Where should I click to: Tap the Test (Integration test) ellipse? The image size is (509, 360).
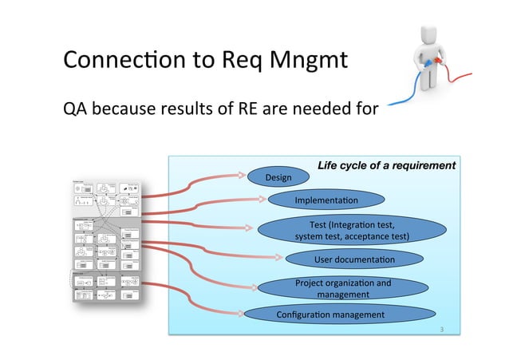[x=352, y=231]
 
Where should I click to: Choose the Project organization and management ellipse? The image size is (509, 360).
[x=343, y=288]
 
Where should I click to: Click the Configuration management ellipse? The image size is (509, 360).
[x=329, y=315]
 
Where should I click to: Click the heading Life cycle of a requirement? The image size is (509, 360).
[x=386, y=165]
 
